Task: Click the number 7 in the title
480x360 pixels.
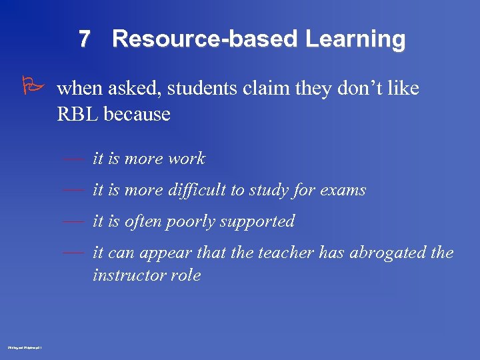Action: tap(84, 39)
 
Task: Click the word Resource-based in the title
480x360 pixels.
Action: tap(206, 39)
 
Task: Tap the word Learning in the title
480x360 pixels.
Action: tap(355, 39)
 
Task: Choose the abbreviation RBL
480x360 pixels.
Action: tap(78, 114)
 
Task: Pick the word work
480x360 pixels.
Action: tap(187, 159)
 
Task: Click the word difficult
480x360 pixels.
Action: tap(195, 190)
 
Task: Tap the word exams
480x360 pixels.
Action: tap(343, 190)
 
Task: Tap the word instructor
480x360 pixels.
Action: tap(125, 275)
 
